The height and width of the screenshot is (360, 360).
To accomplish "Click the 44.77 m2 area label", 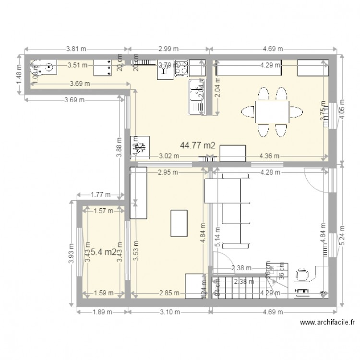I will pyautogui.click(x=197, y=144).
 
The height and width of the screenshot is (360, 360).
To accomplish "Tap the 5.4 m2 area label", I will pyautogui.click(x=103, y=252).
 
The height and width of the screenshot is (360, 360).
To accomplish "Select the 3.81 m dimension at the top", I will pyautogui.click(x=77, y=48).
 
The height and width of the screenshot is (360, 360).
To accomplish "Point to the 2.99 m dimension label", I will pyautogui.click(x=168, y=48).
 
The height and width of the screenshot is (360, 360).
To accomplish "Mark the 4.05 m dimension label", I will pyautogui.click(x=341, y=108).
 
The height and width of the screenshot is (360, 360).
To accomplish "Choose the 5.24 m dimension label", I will pyautogui.click(x=341, y=235).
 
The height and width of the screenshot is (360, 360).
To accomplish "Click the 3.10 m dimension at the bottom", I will pyautogui.click(x=169, y=312).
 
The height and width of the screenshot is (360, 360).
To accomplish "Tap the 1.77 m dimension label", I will pyautogui.click(x=101, y=194).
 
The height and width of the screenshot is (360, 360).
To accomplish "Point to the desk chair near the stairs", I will pyautogui.click(x=303, y=274).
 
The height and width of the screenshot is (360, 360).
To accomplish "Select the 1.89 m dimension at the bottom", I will pyautogui.click(x=102, y=312).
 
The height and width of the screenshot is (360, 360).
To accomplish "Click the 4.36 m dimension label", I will pyautogui.click(x=269, y=156).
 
